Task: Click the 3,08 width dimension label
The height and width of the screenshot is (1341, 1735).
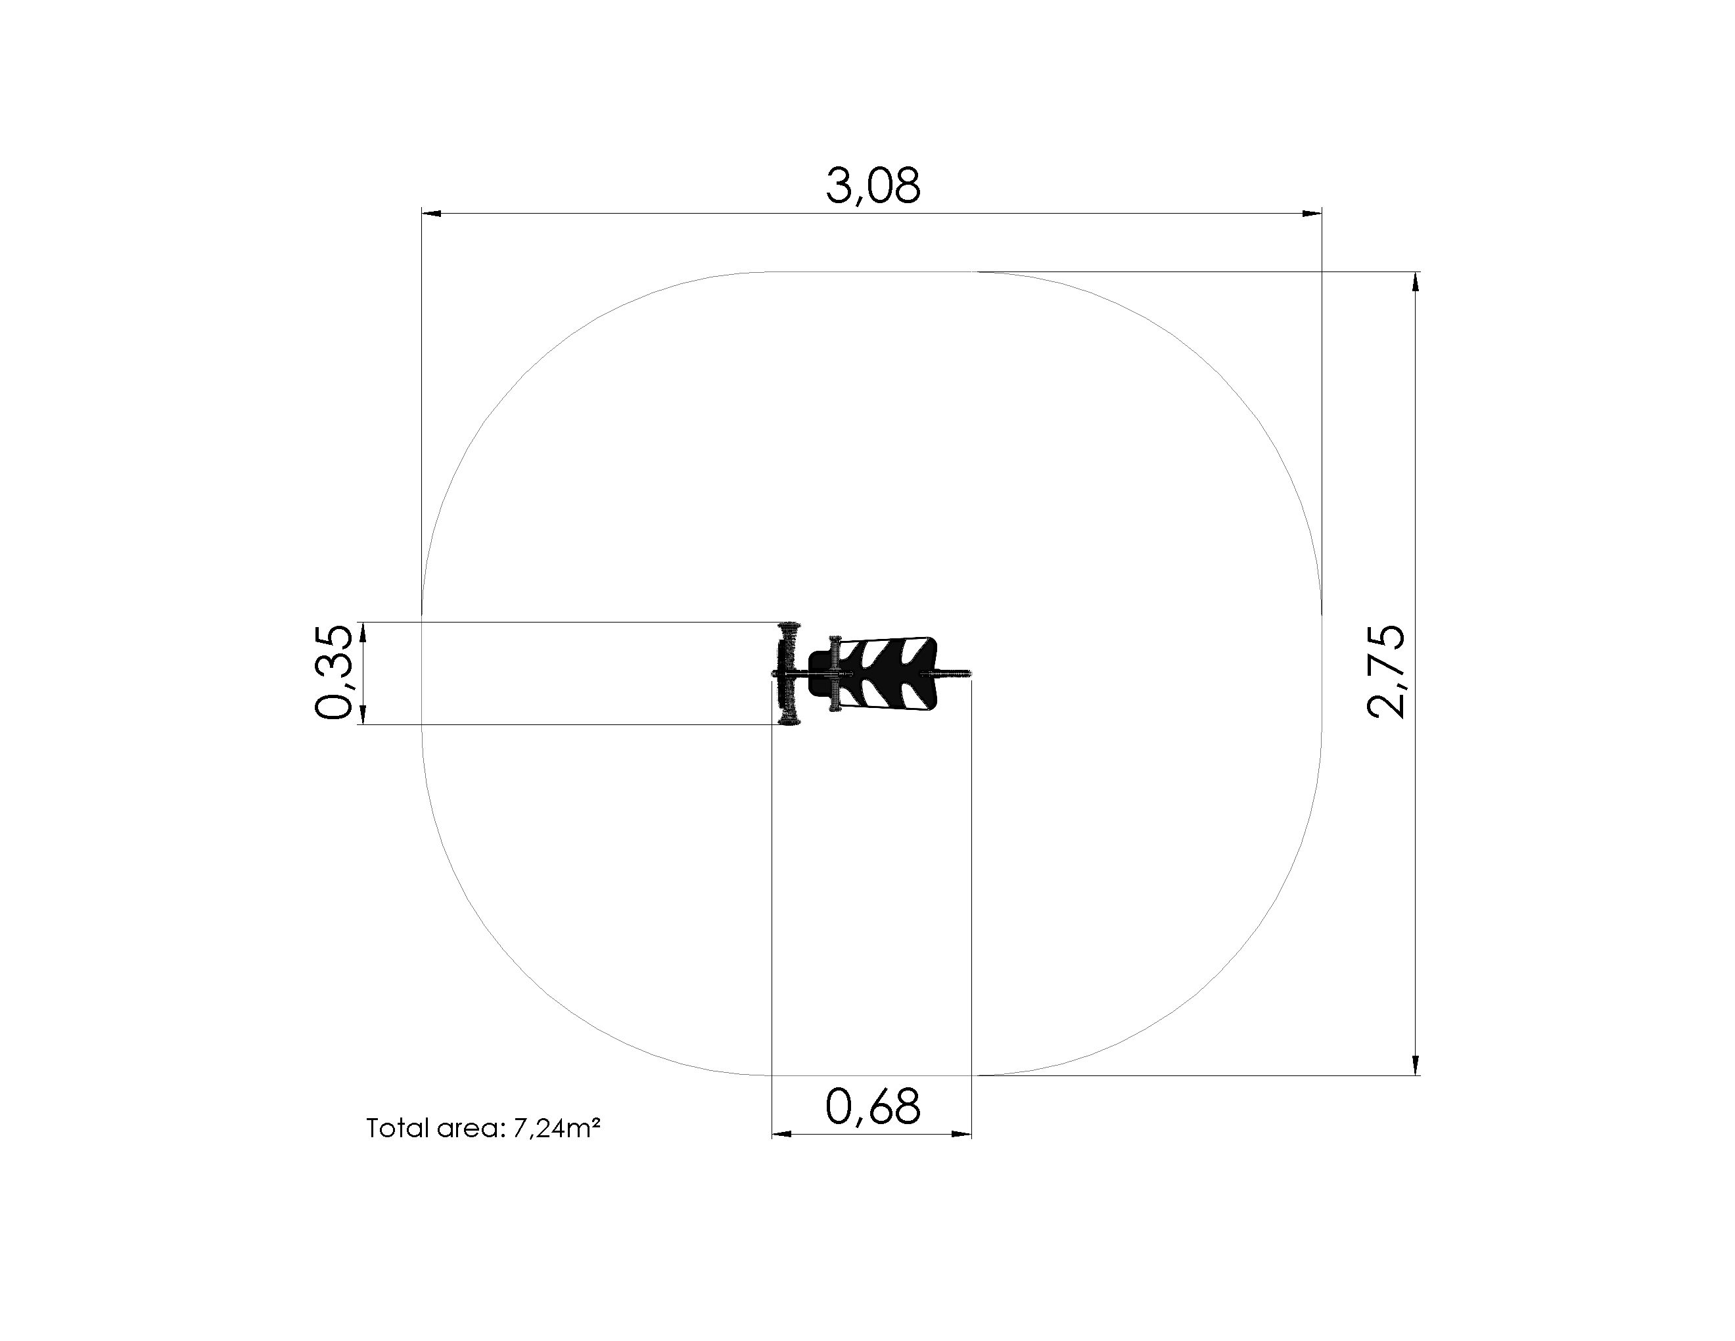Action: [873, 186]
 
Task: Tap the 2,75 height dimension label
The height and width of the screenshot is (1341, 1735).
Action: [1385, 672]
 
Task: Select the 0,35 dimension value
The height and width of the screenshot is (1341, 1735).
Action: [333, 672]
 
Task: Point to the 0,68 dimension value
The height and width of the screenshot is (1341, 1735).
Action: [873, 1106]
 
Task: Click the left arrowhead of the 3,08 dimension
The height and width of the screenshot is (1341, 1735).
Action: [431, 213]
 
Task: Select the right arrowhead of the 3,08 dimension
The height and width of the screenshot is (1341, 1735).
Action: [1312, 213]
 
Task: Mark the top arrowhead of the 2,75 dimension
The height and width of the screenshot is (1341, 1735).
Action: [1415, 282]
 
